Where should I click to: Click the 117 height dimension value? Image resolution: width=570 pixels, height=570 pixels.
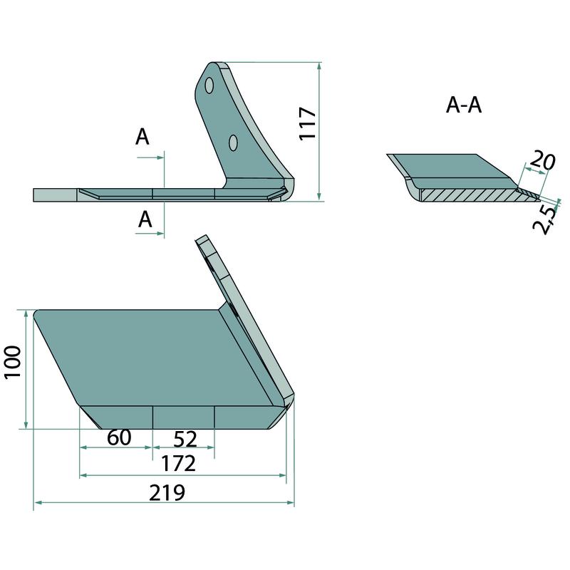point(308,123)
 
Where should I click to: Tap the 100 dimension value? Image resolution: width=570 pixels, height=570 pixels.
point(12,362)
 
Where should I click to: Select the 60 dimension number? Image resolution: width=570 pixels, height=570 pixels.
point(119,437)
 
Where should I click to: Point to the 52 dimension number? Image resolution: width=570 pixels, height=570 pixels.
point(185,439)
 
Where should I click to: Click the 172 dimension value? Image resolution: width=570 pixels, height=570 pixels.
point(178,464)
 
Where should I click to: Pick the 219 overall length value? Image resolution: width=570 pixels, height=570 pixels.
point(167,492)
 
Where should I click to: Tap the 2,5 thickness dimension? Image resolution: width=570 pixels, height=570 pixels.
point(545,219)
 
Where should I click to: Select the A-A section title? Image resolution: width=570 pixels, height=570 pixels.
point(464,105)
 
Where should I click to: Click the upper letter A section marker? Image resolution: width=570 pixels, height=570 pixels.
point(142,137)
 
